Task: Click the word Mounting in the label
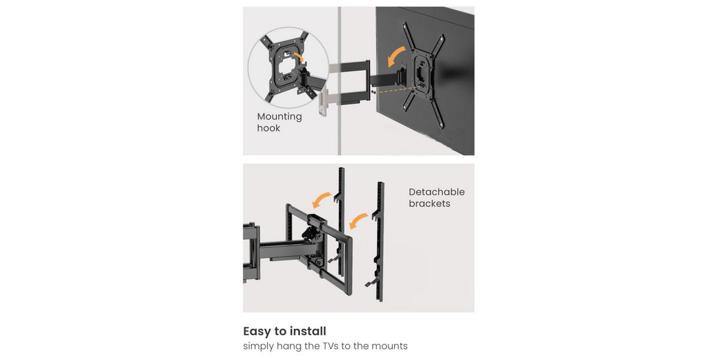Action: tap(280, 116)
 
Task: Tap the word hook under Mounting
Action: tap(268, 128)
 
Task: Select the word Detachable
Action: tap(437, 192)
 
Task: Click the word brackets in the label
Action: tap(430, 203)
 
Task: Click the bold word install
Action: tap(308, 331)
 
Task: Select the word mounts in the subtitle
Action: tap(389, 347)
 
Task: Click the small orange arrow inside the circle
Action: tap(299, 57)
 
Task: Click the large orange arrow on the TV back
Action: tap(395, 55)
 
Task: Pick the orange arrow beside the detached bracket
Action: tap(358, 220)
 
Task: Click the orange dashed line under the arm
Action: tap(398, 89)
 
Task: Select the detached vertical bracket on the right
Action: tap(378, 242)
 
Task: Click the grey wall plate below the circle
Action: tap(323, 102)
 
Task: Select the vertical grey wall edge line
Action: tap(340, 80)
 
